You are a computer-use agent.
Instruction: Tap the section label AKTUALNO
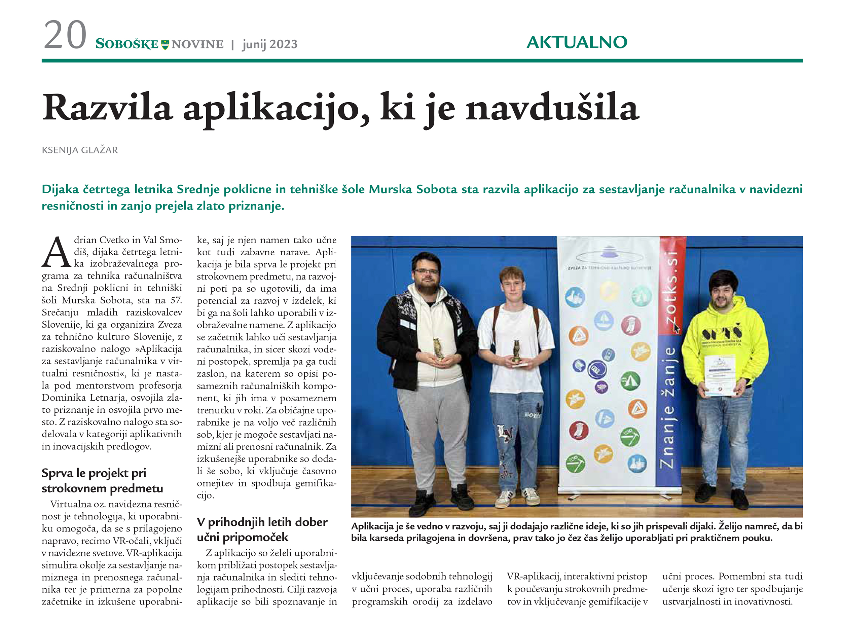(x=577, y=42)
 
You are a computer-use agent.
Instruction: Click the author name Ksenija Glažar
(x=80, y=150)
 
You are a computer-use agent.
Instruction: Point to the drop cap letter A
(x=56, y=252)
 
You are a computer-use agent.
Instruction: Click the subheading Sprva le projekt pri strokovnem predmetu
(x=102, y=480)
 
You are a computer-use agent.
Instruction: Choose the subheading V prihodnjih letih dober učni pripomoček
(x=262, y=529)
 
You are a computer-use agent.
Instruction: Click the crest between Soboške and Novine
(x=165, y=45)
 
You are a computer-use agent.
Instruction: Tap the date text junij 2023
(x=270, y=44)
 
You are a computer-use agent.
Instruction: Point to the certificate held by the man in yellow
(x=719, y=375)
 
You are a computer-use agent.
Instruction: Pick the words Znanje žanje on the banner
(x=668, y=407)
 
